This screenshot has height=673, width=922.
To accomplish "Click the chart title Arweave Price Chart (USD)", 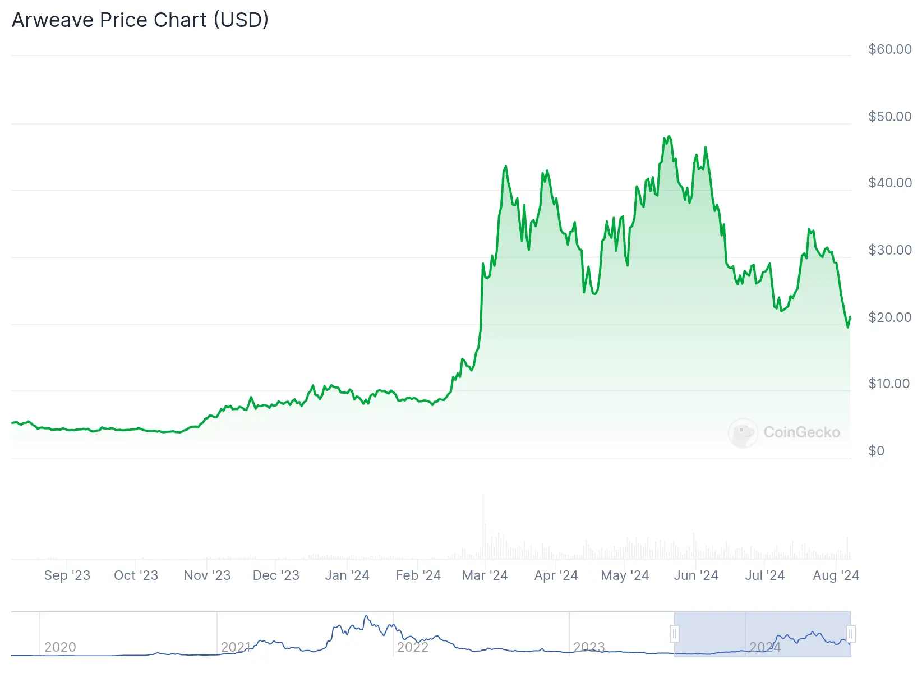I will (140, 20).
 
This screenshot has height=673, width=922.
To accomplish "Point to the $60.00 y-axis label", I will (889, 49).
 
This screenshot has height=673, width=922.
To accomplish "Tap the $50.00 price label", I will (889, 117).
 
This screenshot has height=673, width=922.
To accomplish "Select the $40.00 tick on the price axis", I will (889, 183).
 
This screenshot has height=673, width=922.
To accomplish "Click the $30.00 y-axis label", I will (889, 250).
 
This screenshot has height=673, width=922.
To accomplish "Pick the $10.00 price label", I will (889, 384).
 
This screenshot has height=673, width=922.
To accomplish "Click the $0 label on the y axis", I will (876, 451).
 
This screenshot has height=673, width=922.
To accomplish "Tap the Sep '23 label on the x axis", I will (67, 575).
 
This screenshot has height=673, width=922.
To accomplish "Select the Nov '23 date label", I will (207, 575).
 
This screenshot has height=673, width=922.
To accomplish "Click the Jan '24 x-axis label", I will (347, 575).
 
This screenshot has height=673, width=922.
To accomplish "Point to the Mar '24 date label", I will (485, 575).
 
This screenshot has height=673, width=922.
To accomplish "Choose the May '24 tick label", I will (625, 575).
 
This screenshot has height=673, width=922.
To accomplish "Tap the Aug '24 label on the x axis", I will (836, 575).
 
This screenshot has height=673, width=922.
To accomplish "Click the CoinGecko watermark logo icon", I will (743, 432).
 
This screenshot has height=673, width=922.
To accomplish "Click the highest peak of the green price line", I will (669, 136).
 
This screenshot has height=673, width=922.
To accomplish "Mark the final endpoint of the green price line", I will (850, 317).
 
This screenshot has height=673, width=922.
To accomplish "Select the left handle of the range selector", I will (675, 634).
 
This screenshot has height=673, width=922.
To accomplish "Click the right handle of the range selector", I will (851, 634).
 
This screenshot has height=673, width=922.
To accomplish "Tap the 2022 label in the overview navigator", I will (413, 647).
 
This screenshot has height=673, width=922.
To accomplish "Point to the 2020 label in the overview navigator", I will (60, 647).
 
